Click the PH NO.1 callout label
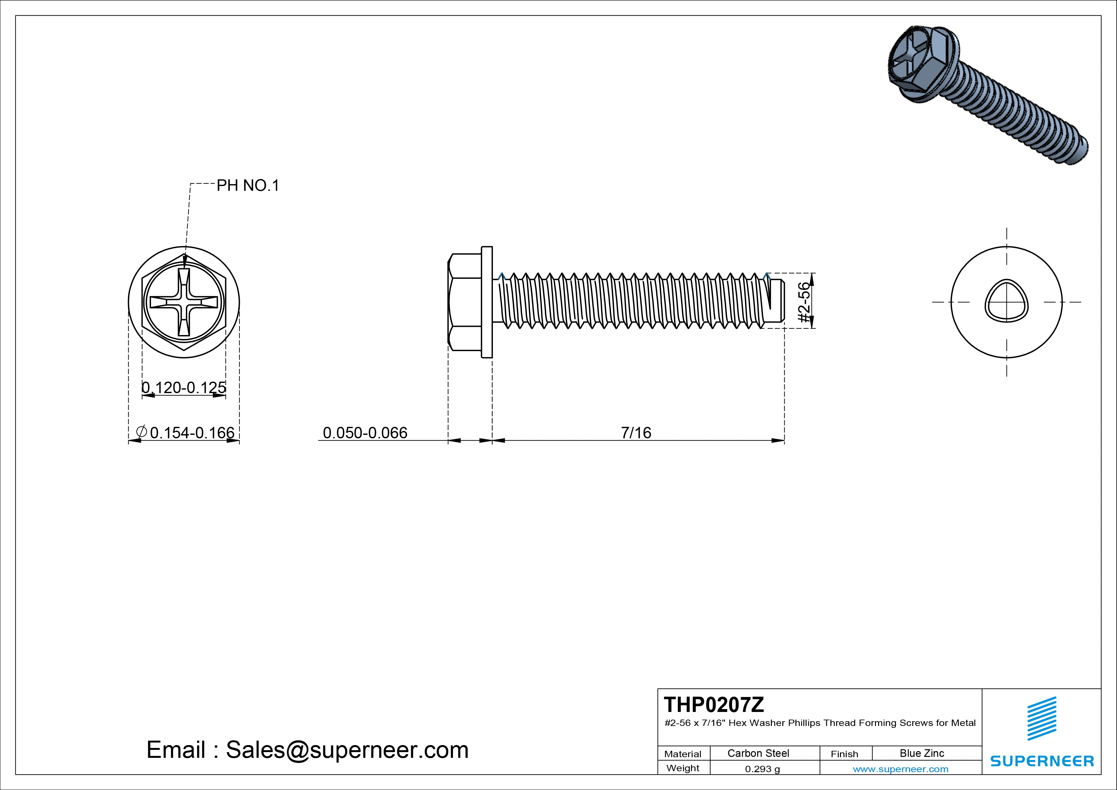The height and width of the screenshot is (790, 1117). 248,185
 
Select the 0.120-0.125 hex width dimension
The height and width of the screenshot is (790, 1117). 184,387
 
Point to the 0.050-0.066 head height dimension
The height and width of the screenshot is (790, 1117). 365,432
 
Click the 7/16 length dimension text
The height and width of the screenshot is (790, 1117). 636,432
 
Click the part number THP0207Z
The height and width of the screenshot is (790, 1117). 714,704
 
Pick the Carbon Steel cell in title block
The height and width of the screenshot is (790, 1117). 758,753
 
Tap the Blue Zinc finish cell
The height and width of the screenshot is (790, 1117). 921,753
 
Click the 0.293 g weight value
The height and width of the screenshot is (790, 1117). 762,769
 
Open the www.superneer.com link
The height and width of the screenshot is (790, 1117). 900,769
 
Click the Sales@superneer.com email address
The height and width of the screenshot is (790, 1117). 347,750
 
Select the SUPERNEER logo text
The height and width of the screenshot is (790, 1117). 1042,761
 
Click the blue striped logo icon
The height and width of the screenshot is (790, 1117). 1042,718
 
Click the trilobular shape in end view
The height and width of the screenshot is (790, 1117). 1007,301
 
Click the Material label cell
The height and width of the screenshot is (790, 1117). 683,753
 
